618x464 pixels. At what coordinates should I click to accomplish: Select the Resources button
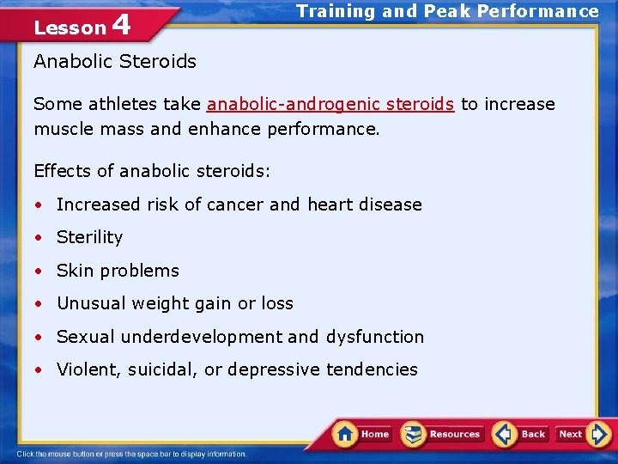[x=443, y=434]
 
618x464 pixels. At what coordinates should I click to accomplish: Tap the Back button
[x=521, y=434]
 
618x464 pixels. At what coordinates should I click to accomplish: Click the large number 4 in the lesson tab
[x=121, y=25]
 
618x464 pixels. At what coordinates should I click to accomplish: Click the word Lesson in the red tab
[x=69, y=27]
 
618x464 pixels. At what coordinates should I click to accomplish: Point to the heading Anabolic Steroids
[x=115, y=61]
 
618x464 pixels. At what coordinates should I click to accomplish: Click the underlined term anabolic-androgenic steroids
[x=330, y=104]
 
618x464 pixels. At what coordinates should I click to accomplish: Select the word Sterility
[x=89, y=237]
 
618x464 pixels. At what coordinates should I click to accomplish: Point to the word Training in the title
[x=336, y=11]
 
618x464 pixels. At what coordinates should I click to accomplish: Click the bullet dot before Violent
[x=39, y=370]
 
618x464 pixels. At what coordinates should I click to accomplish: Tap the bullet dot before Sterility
[x=39, y=238]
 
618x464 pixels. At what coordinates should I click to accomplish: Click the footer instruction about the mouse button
[x=131, y=454]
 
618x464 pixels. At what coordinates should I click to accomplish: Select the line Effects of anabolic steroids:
[x=152, y=171]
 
